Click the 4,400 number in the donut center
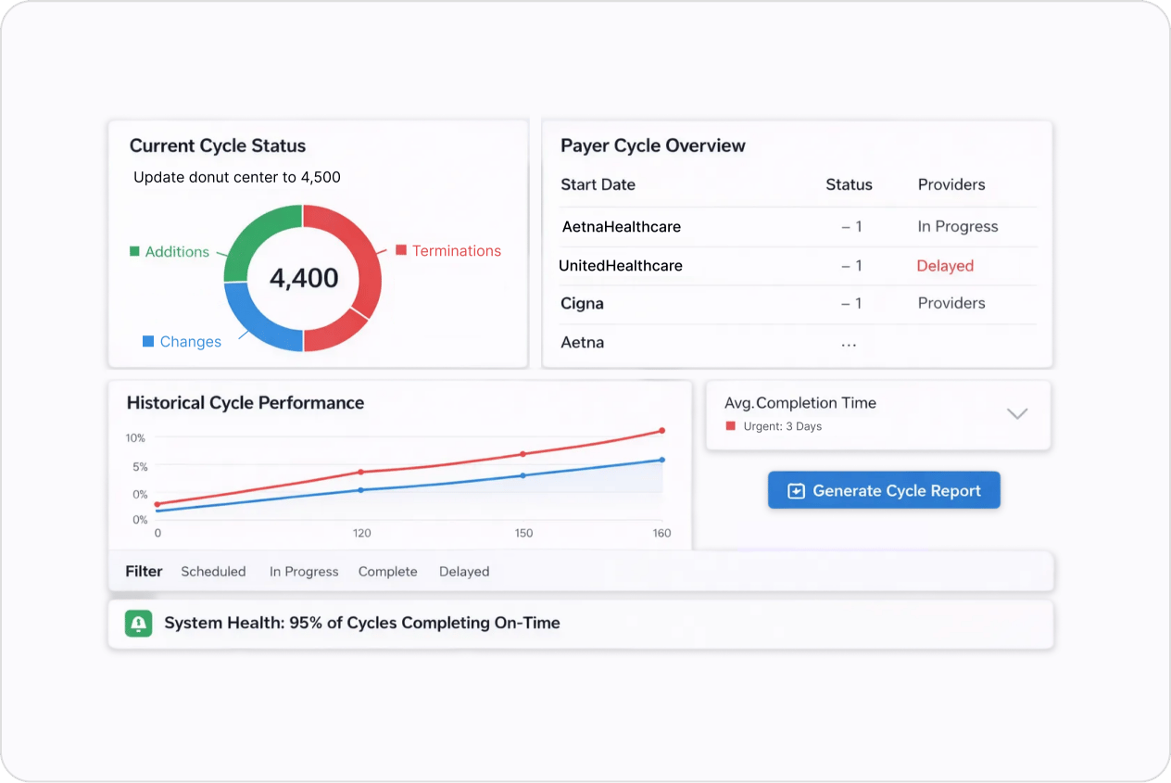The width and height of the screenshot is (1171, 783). click(x=303, y=278)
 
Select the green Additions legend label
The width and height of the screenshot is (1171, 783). click(x=176, y=252)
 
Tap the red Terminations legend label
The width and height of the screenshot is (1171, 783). click(x=456, y=251)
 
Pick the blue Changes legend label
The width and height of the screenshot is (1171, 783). click(x=190, y=342)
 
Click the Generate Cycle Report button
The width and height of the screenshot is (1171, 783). click(x=884, y=491)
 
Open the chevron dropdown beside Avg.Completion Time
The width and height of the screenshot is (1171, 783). click(x=1017, y=413)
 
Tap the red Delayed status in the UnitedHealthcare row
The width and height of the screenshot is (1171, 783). click(x=945, y=266)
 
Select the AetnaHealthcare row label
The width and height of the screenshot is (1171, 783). click(x=622, y=227)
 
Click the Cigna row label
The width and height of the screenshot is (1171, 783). click(x=582, y=304)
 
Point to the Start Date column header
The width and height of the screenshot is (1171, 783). click(x=598, y=184)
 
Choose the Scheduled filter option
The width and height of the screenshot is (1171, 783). click(x=213, y=572)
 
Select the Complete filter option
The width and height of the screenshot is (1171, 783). click(x=387, y=572)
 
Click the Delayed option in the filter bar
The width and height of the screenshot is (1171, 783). click(x=463, y=572)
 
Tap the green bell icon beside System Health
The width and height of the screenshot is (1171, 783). click(x=138, y=624)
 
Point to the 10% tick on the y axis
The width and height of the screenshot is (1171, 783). click(x=136, y=437)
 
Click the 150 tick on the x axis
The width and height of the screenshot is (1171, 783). click(x=523, y=533)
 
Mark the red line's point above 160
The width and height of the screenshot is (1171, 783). click(x=661, y=431)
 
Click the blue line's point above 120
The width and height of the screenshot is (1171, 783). click(x=361, y=489)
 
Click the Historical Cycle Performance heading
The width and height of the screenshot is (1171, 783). click(x=245, y=403)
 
